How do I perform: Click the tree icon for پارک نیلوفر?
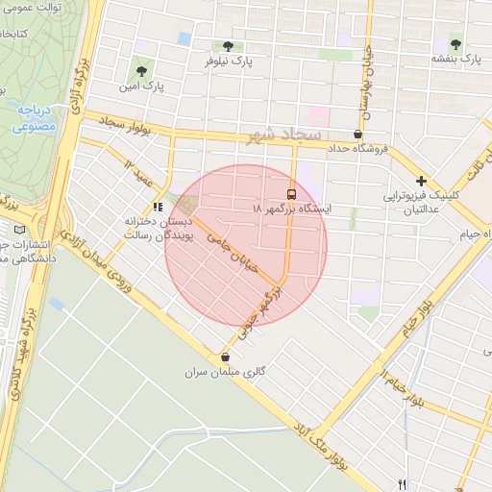pyautogui.click(x=228, y=45)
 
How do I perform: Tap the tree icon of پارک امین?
pyautogui.click(x=141, y=71)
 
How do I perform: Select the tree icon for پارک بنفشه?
pyautogui.click(x=455, y=44)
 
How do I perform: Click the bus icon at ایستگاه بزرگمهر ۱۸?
pyautogui.click(x=291, y=192)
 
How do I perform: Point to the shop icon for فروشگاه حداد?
pyautogui.click(x=358, y=134)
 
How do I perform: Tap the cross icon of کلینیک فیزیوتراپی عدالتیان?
pyautogui.click(x=421, y=181)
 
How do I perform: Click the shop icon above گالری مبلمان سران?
pyautogui.click(x=225, y=357)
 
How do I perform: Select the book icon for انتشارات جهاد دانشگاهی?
pyautogui.click(x=22, y=229)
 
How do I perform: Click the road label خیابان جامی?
pyautogui.click(x=230, y=256)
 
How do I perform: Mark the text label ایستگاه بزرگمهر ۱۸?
pyautogui.click(x=291, y=209)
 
